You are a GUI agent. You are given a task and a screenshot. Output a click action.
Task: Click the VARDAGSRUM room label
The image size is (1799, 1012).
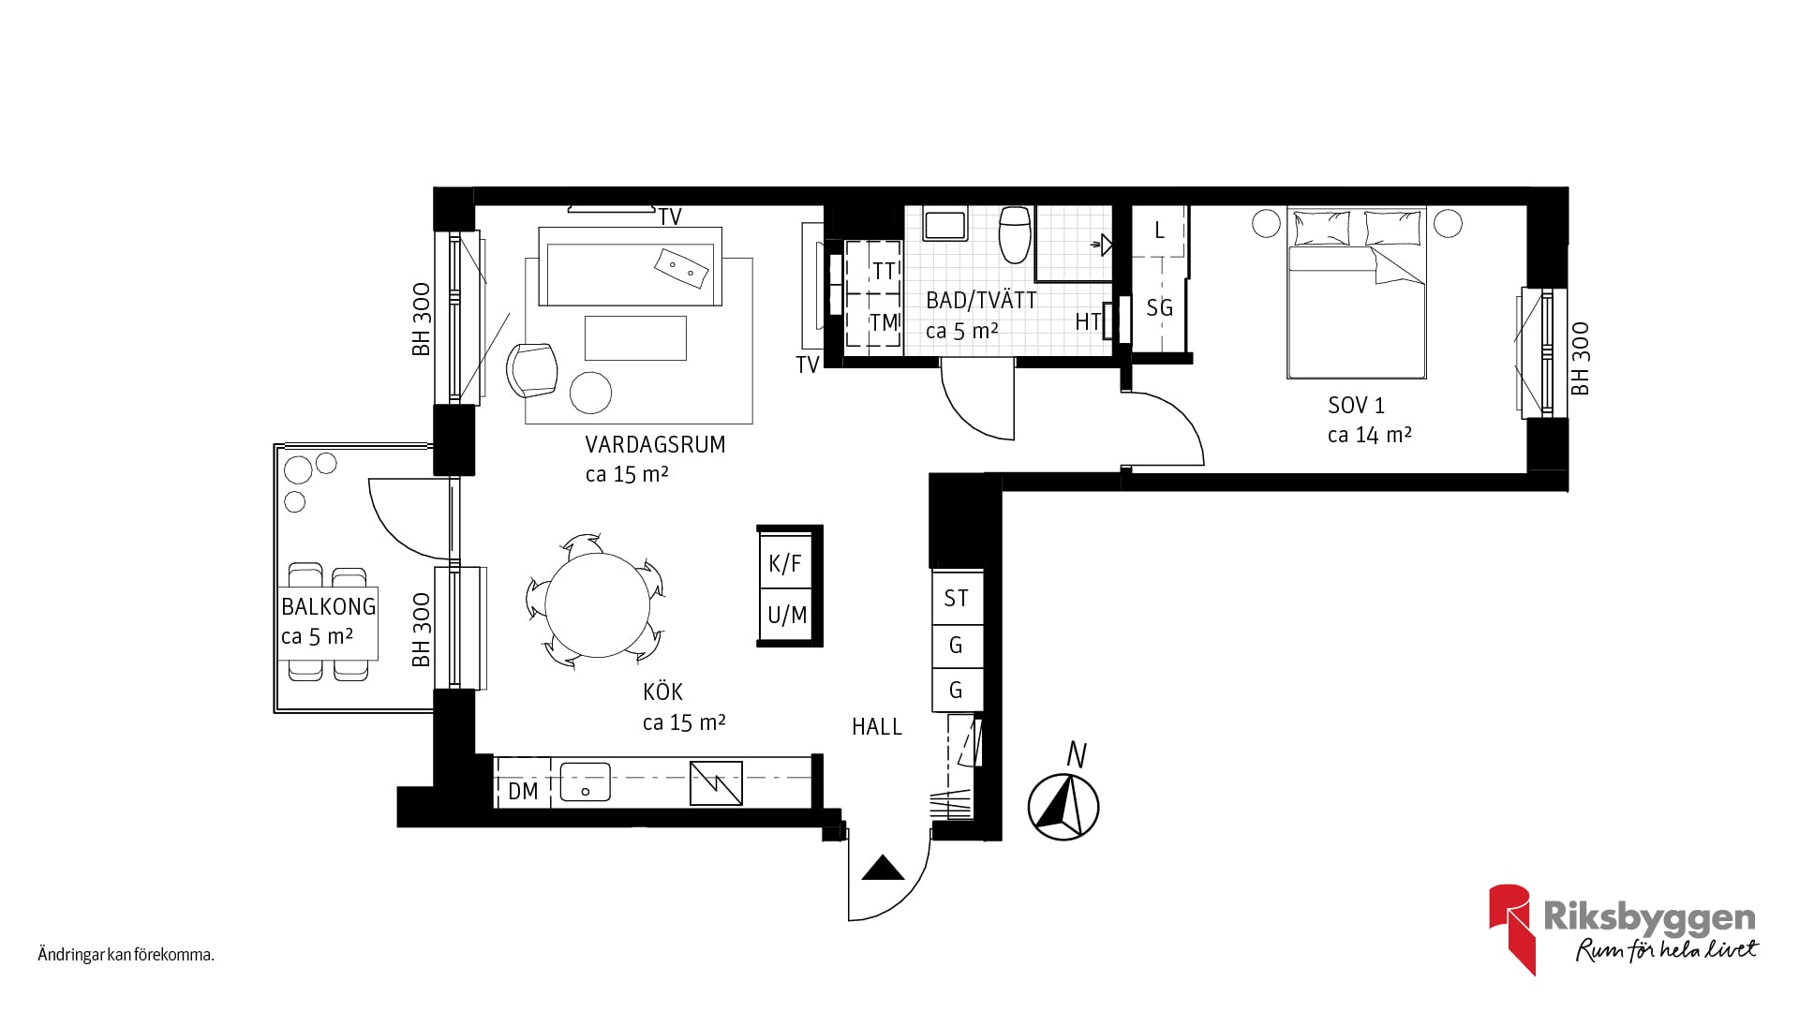coord(655,444)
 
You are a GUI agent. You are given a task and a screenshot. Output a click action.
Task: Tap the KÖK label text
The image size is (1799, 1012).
coord(662,692)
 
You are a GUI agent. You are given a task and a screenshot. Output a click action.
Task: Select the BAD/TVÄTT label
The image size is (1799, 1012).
coord(981,301)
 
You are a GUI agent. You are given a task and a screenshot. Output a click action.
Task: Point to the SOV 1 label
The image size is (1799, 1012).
coord(1356,406)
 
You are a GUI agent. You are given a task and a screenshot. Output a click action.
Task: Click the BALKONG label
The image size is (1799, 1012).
coord(329,606)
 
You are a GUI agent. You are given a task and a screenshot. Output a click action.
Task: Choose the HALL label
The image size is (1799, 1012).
coord(877,726)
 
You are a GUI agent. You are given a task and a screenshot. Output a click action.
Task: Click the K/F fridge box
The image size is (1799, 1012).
coord(785,563)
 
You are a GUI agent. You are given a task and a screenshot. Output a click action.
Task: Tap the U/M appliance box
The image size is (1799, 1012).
coord(785,616)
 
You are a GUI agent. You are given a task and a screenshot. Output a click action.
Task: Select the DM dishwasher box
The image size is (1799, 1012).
coord(523,791)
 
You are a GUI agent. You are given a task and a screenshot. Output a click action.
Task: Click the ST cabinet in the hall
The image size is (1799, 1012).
coord(957,598)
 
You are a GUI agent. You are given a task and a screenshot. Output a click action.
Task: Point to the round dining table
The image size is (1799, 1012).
coord(597,604)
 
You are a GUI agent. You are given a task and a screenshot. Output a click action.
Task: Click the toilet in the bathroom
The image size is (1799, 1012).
coord(1016,234)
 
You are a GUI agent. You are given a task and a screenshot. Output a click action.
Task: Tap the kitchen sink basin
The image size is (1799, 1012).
coord(585,782)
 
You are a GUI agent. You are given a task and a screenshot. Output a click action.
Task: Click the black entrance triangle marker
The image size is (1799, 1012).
coord(883,869)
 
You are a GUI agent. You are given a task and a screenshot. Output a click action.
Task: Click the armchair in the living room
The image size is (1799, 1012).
coord(531,369)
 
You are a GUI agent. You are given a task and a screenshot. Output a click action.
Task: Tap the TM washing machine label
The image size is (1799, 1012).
coord(885,322)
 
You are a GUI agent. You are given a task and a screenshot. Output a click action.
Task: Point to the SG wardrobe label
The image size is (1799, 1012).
coord(1160,307)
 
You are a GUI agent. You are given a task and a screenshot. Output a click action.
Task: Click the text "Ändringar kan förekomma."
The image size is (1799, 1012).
coord(126,956)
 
